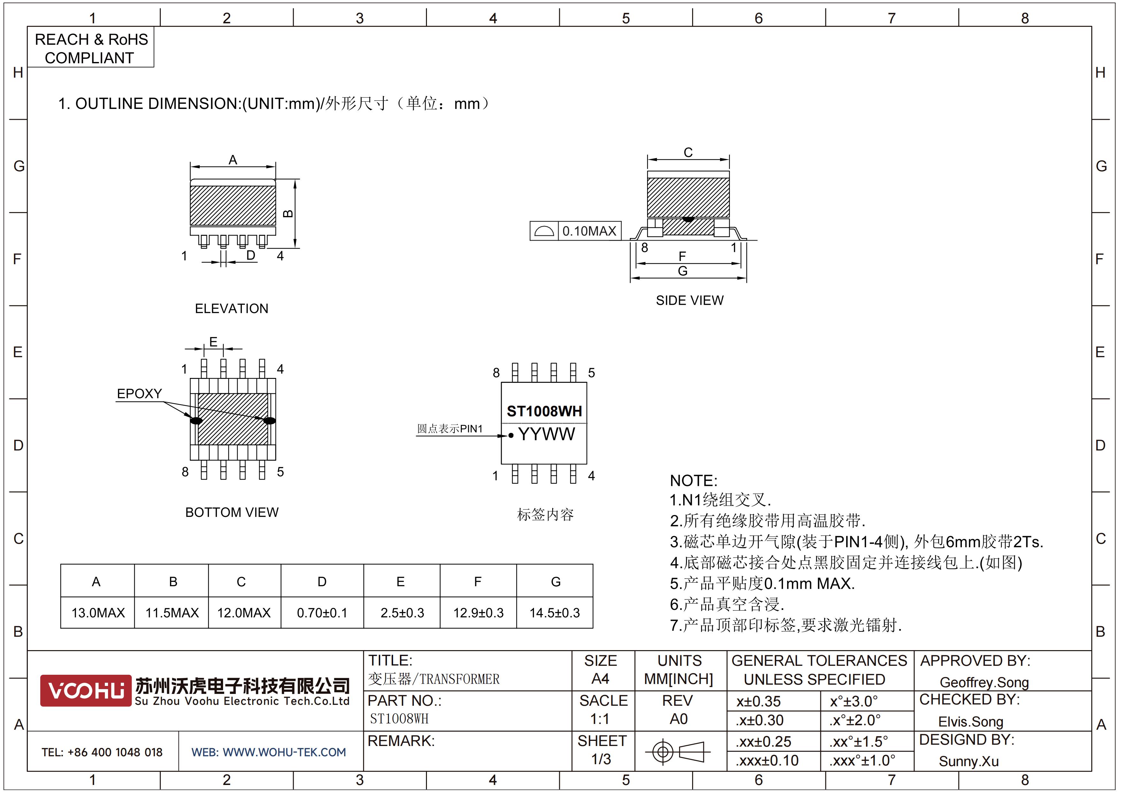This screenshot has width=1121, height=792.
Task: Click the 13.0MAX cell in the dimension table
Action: click(x=98, y=612)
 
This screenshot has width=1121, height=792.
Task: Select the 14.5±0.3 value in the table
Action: click(x=555, y=612)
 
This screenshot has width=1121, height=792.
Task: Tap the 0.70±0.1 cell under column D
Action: click(x=322, y=612)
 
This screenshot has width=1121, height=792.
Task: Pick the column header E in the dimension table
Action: click(x=400, y=582)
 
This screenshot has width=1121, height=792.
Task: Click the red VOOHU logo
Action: click(x=86, y=690)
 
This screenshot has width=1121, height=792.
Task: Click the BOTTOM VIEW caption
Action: click(x=232, y=512)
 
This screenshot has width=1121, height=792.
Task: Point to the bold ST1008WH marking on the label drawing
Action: click(x=545, y=411)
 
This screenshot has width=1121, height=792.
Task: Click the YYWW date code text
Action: click(x=546, y=434)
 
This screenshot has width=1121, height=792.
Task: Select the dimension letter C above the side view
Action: click(x=688, y=153)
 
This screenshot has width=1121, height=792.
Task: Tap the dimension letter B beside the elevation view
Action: click(x=289, y=214)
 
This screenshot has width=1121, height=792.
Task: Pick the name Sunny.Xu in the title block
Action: click(x=969, y=761)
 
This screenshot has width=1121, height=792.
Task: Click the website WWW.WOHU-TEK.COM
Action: click(x=284, y=752)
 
